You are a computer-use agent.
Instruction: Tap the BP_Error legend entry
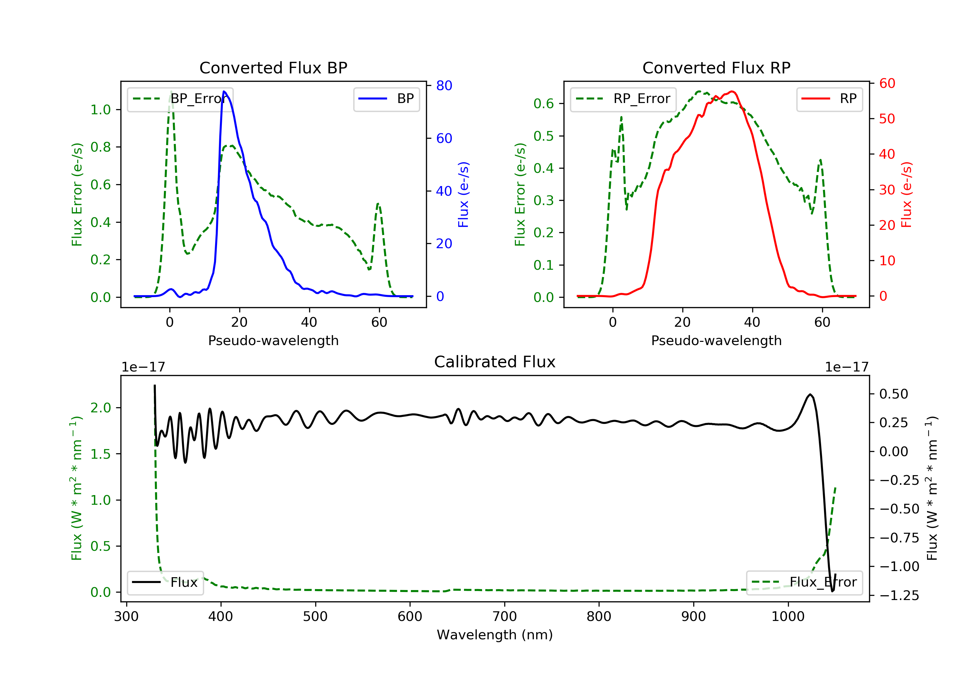[x=180, y=99]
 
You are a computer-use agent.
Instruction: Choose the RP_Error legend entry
[x=623, y=99]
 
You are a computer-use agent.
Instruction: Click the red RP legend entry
[x=829, y=99]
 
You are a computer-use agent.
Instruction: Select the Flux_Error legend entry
[x=804, y=582]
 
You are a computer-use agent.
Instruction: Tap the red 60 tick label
[x=887, y=84]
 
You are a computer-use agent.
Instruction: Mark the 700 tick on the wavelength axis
[x=505, y=617]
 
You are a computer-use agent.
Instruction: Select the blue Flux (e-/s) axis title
[x=463, y=194]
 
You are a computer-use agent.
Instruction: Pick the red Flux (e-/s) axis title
[x=906, y=194]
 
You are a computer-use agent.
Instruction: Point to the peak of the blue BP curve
[x=224, y=91]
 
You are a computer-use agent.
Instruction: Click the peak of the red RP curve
[x=732, y=91]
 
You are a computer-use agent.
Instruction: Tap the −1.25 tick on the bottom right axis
[x=899, y=596]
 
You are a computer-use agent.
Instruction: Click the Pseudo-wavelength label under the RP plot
[x=716, y=340]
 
